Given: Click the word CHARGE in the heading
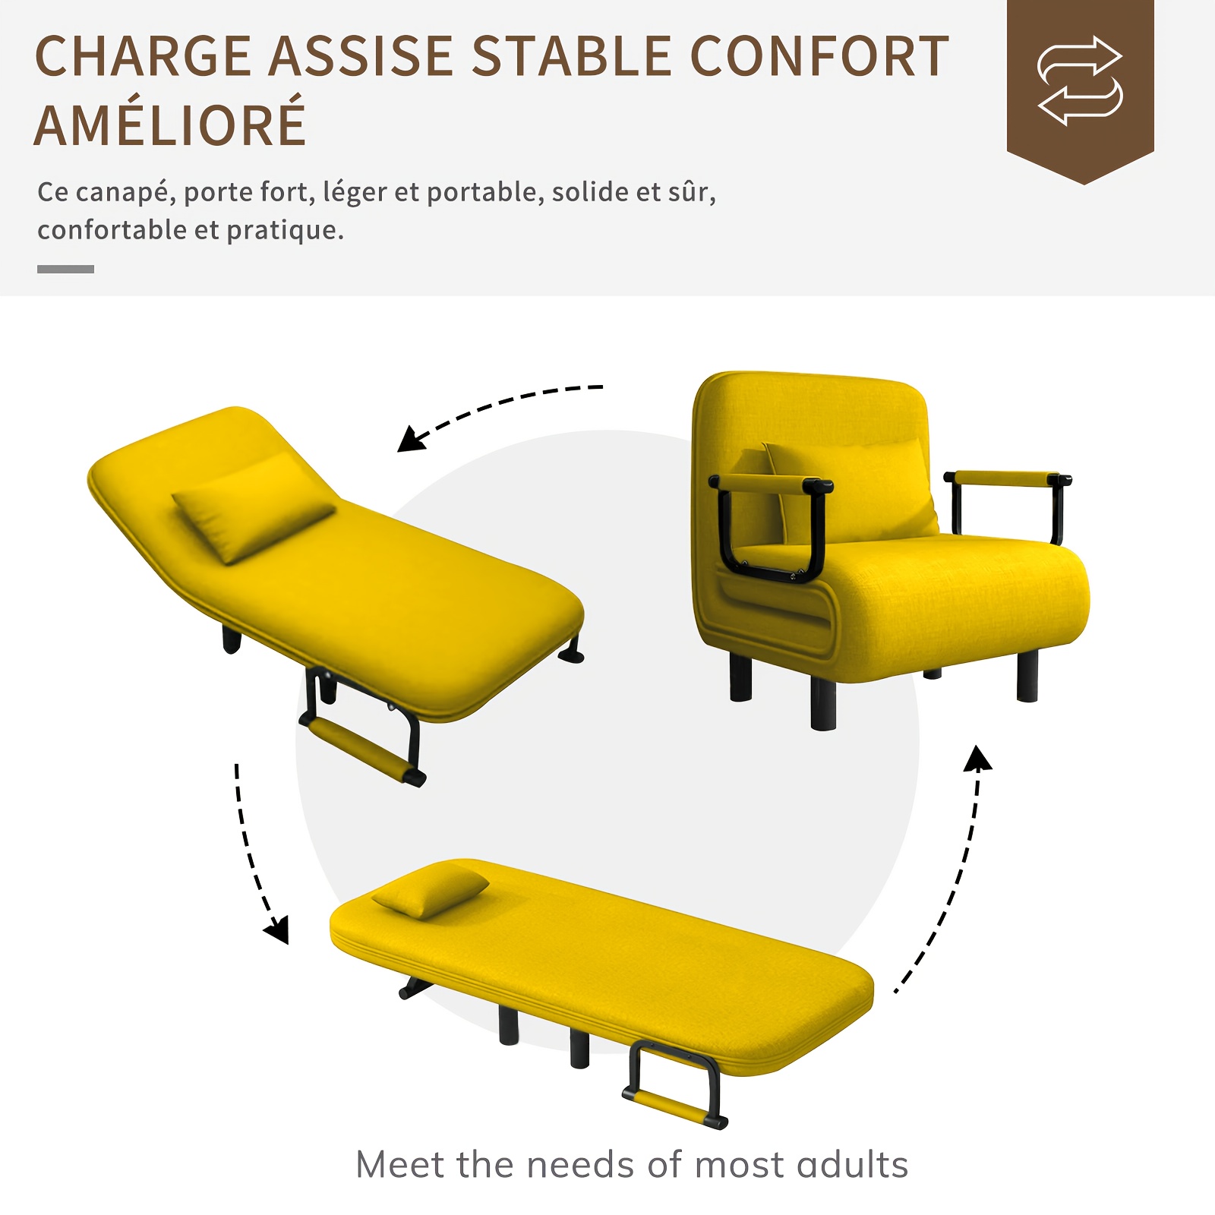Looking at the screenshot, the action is [143, 56].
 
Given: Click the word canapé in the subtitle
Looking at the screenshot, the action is [125, 193].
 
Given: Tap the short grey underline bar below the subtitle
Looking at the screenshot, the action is [65, 269].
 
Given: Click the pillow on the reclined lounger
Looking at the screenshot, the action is [254, 507].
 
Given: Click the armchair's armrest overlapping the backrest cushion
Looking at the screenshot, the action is [768, 524].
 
